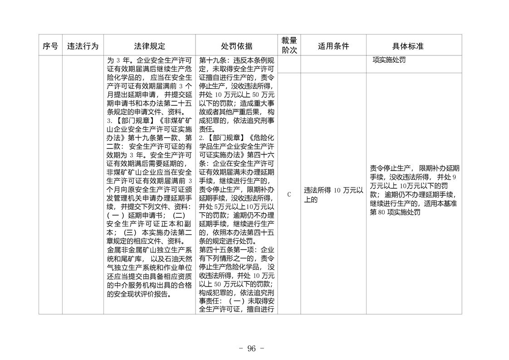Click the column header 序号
[50, 46]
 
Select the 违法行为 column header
[83, 46]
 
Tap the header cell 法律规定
[149, 46]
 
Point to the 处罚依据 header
[236, 46]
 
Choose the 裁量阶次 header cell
[289, 45]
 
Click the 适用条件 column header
[333, 46]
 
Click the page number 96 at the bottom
[252, 348]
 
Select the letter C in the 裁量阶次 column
[289, 194]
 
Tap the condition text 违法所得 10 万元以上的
[333, 195]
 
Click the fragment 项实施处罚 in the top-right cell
[389, 60]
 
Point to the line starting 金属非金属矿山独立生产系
[149, 250]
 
